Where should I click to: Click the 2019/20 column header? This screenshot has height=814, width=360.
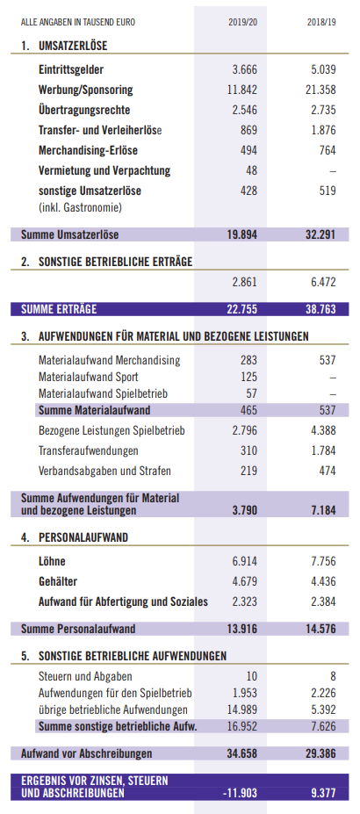242,22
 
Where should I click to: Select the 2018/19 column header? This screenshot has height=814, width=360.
321,22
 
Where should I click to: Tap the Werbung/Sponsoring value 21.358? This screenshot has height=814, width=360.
320,90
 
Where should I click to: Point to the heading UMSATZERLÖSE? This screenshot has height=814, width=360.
73,46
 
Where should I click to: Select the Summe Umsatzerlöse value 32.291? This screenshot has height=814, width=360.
320,234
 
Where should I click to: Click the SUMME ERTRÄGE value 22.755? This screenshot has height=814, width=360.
241,309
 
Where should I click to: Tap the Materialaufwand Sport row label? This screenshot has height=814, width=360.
89,377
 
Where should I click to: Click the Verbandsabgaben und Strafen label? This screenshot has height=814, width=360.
104,472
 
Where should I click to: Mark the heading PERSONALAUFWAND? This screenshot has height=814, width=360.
83,537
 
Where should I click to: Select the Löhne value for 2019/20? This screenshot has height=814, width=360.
244,562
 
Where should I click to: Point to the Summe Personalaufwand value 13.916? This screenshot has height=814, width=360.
241,630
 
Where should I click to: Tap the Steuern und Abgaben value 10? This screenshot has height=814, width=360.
252,676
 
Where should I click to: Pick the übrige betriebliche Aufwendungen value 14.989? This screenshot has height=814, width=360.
242,710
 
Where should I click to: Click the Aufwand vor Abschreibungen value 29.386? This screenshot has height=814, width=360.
320,753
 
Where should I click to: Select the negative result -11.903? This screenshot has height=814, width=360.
240,793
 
